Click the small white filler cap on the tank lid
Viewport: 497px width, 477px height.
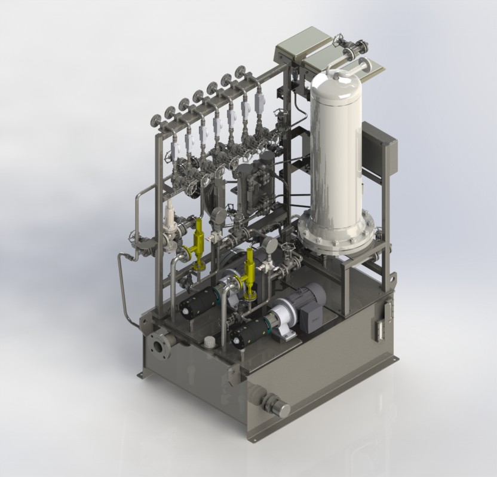click(209, 342)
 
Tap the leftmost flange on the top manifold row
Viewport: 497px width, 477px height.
click(157, 119)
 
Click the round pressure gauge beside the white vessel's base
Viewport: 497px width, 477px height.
click(269, 246)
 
